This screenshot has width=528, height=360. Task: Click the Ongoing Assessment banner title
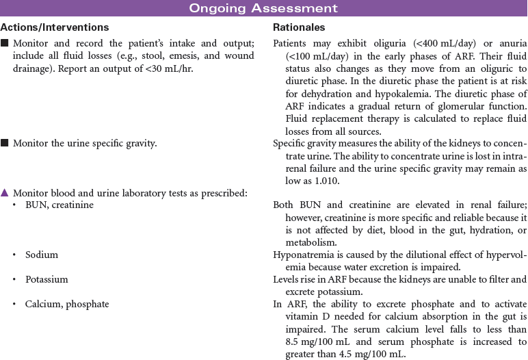pyautogui.click(x=263, y=8)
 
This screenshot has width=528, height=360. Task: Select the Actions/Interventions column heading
pyautogui.click(x=54, y=27)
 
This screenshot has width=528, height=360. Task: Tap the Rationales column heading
pyautogui.click(x=299, y=27)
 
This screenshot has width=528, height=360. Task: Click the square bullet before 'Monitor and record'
pyautogui.click(x=5, y=42)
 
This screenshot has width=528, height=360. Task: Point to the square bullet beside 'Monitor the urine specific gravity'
pyautogui.click(x=5, y=143)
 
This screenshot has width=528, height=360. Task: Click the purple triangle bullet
pyautogui.click(x=5, y=192)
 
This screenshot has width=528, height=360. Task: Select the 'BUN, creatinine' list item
pyautogui.click(x=60, y=205)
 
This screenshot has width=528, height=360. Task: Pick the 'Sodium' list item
pyautogui.click(x=42, y=255)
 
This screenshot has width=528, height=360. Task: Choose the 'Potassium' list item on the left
pyautogui.click(x=47, y=279)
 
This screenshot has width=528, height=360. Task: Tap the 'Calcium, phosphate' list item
pyautogui.click(x=67, y=304)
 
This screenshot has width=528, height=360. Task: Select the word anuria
pyautogui.click(x=510, y=42)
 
